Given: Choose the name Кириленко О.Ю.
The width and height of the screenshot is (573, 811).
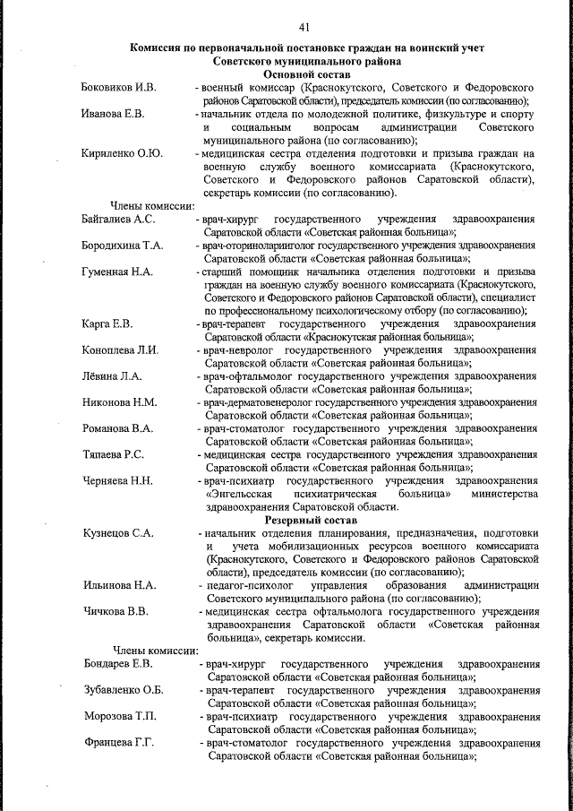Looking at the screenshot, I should pos(122,153).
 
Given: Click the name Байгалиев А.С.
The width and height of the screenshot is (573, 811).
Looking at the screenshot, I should pos(119,220).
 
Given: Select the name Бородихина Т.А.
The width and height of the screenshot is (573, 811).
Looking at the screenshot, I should pos(123,246).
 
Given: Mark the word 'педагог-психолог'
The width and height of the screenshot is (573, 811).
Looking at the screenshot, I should pos(244,585).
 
